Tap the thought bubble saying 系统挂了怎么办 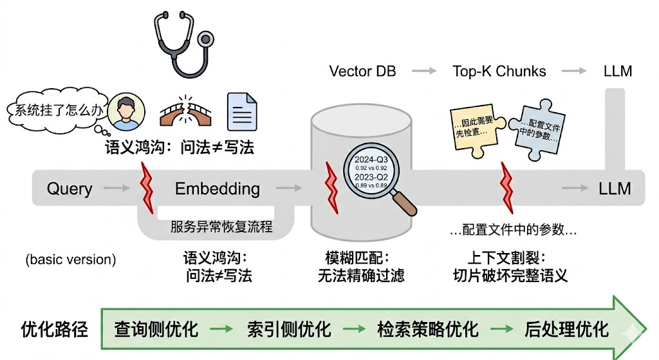point(55,110)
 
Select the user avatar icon point(127,113)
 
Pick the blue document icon point(243,112)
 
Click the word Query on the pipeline point(70,189)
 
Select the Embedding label point(218,189)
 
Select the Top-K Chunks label point(499,71)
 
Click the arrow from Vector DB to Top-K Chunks point(424,71)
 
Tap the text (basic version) point(71,260)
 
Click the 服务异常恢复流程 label point(221,227)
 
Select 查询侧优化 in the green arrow point(156,330)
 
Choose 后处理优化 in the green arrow point(566,330)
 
